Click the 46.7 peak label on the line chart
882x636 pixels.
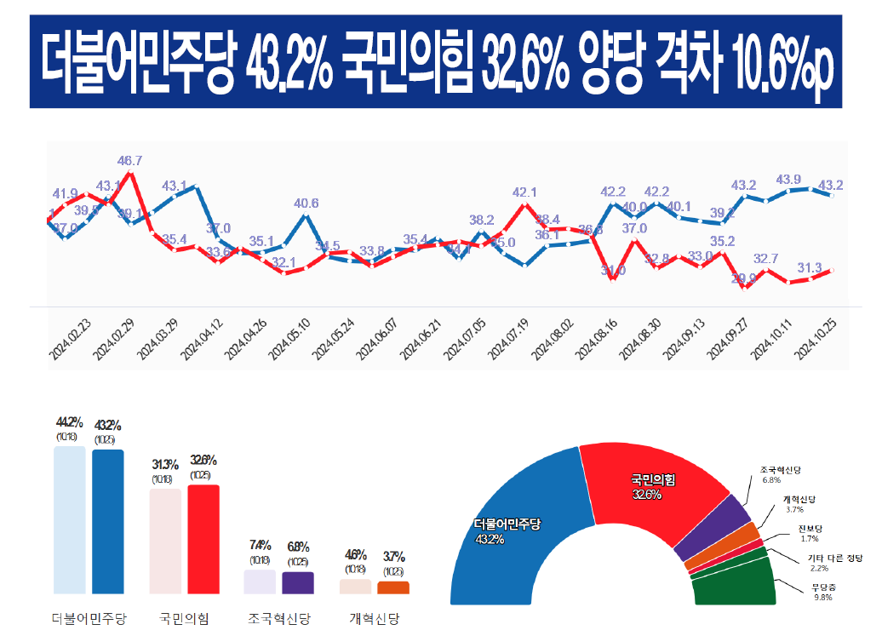pos(130,160)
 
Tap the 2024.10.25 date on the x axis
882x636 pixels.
pos(814,337)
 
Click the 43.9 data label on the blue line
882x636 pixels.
pos(789,179)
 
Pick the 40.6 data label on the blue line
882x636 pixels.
pos(306,203)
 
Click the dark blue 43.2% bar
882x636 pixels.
pos(108,521)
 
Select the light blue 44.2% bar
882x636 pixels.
pos(70,519)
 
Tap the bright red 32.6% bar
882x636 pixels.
pos(203,539)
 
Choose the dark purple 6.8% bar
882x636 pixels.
pos(297,582)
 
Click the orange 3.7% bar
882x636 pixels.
pos(393,587)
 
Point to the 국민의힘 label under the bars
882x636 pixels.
pos(185,618)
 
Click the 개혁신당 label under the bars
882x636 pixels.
pos(375,618)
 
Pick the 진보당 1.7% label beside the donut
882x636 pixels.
pos(810,533)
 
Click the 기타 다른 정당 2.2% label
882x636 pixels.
pos(833,563)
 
